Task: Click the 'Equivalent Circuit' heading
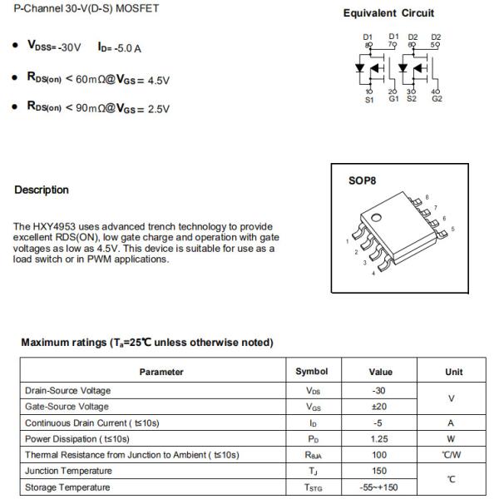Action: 388,13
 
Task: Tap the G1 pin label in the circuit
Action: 394,100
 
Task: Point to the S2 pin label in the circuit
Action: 412,100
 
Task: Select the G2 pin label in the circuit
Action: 437,100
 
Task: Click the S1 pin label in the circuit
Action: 370,100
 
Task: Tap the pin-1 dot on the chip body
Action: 375,217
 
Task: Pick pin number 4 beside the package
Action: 373,274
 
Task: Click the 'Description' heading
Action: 42,190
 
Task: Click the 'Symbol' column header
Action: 312,372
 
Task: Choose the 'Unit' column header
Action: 454,372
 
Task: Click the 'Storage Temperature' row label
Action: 67,487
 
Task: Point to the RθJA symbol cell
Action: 313,455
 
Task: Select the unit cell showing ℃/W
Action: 452,455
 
